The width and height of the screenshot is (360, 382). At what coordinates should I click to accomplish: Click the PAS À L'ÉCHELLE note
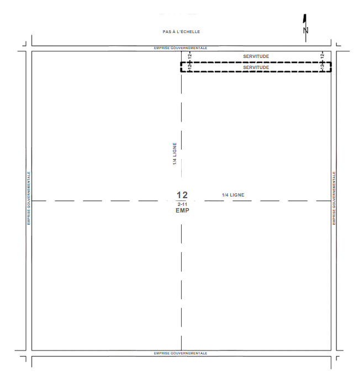pos(181,31)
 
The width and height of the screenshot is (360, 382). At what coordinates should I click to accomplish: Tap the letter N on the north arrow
pos(306,30)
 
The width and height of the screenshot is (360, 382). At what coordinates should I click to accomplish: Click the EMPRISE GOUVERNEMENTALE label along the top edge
pos(181,48)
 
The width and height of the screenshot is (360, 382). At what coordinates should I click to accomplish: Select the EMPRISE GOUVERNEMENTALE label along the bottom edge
pos(181,353)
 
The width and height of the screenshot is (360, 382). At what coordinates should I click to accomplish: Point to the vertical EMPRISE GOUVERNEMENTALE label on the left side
pos(29,198)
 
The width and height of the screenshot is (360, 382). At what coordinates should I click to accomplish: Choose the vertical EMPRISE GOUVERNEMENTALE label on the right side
pos(334,198)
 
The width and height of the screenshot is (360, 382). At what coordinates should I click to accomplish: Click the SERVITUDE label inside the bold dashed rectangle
pos(256,67)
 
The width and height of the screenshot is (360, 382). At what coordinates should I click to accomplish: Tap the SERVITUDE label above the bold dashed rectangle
pos(256,56)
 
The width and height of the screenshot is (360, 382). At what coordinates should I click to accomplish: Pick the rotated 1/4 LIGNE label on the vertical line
pos(174,153)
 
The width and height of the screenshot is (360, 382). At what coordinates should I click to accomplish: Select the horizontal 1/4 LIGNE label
pos(233,195)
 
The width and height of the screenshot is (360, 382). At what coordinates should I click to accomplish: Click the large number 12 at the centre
pos(182,195)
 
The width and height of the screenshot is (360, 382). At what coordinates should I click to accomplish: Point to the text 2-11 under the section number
pos(182,204)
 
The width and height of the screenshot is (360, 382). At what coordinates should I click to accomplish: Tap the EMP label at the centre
pos(182,210)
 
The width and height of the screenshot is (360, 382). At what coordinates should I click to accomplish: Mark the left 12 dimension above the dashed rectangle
pos(190,56)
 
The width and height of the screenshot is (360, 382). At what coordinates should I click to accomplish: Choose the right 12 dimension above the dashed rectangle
pos(322,56)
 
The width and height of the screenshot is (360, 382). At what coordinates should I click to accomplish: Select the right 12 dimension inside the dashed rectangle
pos(322,65)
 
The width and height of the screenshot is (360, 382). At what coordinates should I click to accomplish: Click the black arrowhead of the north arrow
pos(305,19)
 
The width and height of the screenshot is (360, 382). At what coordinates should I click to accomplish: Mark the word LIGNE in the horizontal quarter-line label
pos(237,195)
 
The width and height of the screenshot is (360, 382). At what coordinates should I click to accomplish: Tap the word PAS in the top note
pos(167,31)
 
